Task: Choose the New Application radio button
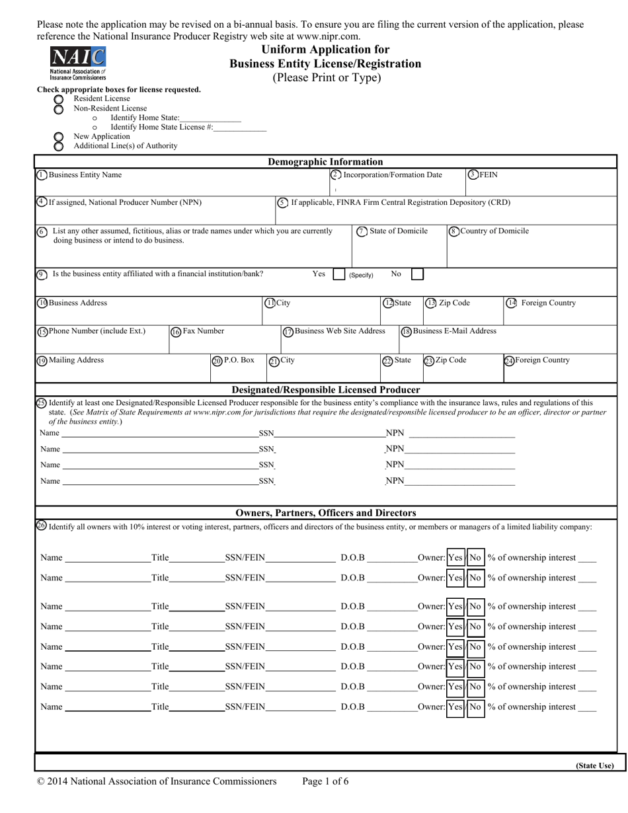59,137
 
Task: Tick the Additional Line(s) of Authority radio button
59,146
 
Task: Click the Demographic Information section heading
325,162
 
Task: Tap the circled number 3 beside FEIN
473,175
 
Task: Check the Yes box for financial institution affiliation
338,274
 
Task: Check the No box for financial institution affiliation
417,274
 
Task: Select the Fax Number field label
203,331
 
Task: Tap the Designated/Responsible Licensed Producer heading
326,389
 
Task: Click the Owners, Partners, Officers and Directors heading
326,513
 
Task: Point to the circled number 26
41,526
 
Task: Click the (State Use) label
594,766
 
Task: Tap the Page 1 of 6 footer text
325,781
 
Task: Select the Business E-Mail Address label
454,331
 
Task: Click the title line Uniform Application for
325,50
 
